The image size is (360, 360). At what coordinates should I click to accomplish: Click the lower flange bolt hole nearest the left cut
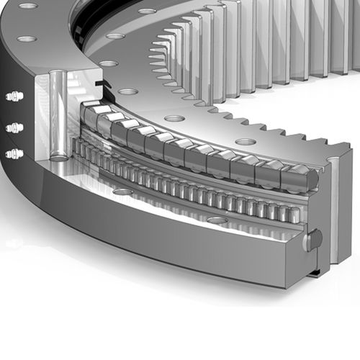pyautogui.click(x=122, y=192)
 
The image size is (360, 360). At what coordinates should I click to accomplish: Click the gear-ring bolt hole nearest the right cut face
pyautogui.click(x=247, y=142)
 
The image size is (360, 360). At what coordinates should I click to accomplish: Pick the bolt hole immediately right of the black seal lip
pyautogui.click(x=128, y=91)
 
